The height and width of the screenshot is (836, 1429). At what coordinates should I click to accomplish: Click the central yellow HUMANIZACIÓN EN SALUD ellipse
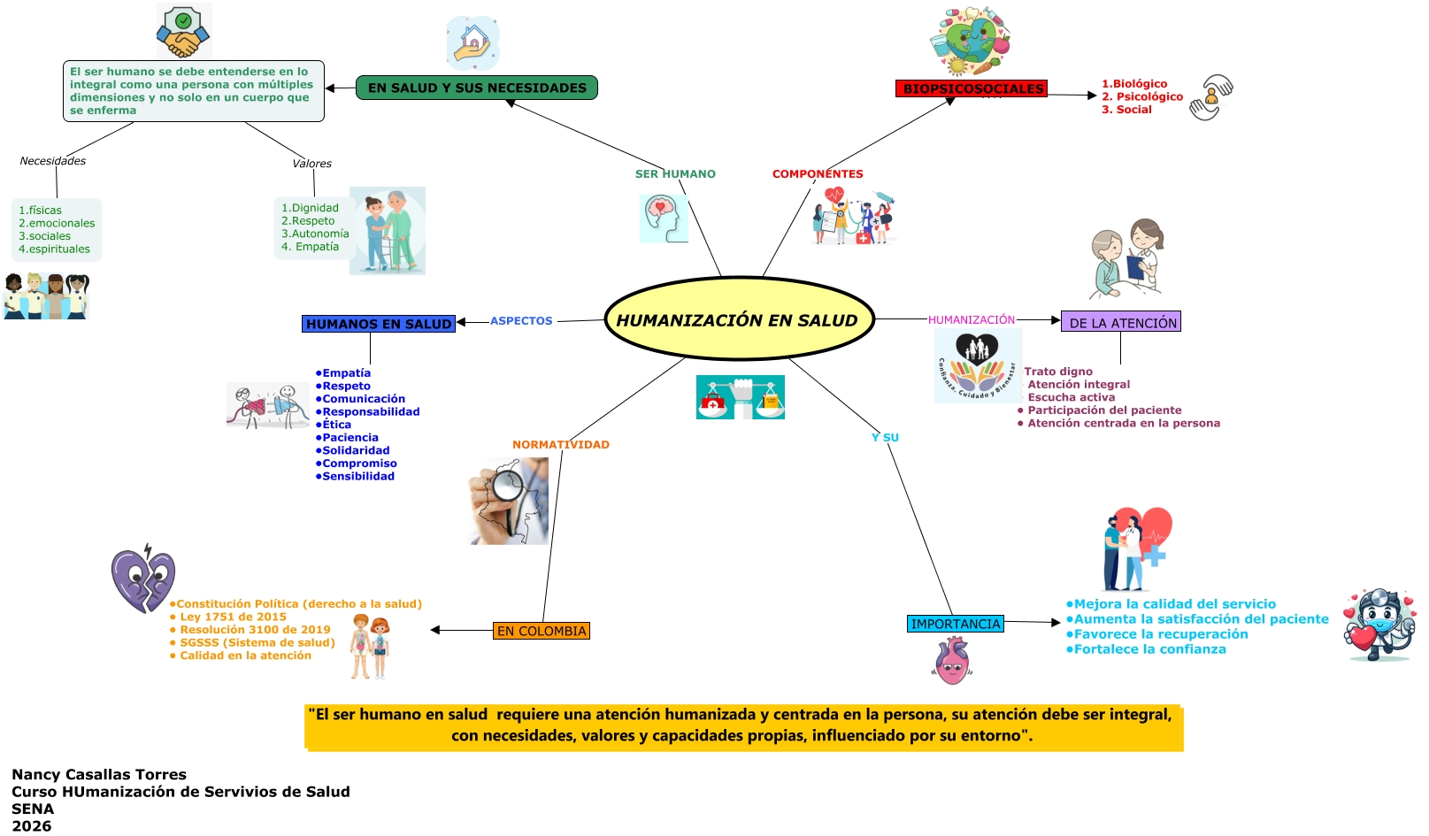pos(739,319)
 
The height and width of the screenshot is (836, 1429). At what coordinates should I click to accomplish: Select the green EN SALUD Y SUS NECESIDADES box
pos(477,88)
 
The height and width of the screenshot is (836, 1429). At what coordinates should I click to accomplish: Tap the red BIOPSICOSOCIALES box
pos(972,88)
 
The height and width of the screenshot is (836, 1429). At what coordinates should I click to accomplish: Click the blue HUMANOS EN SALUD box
pos(379,324)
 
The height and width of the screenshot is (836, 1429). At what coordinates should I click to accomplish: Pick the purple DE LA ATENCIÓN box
pos(1121,322)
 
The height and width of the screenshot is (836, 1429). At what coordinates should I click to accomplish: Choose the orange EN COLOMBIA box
pos(542,631)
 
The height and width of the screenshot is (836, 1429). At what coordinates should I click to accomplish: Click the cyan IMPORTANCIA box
pos(956,624)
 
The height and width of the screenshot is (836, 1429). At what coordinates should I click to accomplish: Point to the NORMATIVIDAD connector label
pos(561,445)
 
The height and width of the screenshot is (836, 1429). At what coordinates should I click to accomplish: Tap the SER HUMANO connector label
pos(675,174)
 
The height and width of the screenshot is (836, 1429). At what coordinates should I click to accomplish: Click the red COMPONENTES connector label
pos(818,174)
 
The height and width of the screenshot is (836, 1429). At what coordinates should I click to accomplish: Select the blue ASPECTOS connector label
pos(521,321)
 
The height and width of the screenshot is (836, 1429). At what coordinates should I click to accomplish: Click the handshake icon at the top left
pos(184,32)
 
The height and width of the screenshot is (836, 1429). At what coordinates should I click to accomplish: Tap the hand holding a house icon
pos(473,43)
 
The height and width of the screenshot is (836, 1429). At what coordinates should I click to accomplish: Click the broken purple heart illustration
pos(143,579)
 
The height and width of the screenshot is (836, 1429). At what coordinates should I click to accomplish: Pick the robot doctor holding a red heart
pos(1379,625)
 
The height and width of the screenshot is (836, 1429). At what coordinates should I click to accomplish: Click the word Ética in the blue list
pos(336,425)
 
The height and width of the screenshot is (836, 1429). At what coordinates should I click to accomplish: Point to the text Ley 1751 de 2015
pos(233,617)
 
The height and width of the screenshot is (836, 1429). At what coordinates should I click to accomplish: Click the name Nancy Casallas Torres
pos(99,775)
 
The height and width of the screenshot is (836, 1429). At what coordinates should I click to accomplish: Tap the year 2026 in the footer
pos(32,826)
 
